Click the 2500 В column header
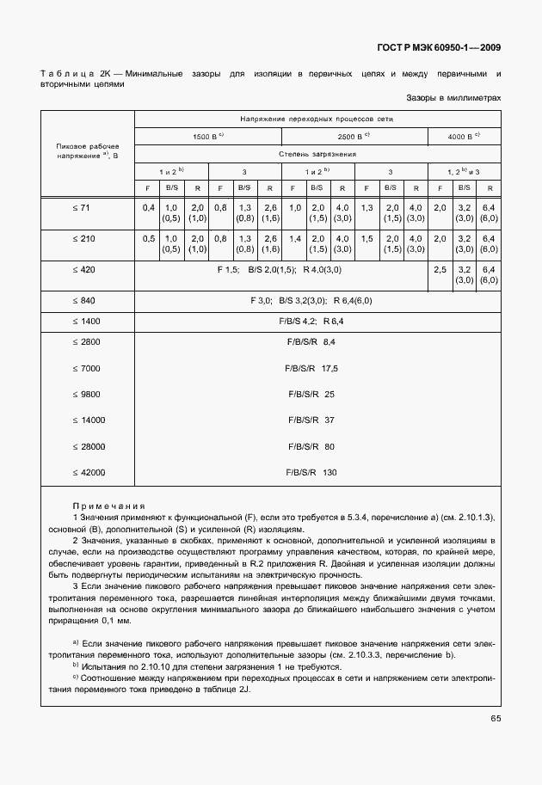point(354,136)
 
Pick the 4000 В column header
point(465,136)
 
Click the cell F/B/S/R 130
point(311,472)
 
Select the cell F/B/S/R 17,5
point(311,368)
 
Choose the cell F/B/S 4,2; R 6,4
point(311,321)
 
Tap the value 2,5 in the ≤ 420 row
point(440,269)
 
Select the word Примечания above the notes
point(109,506)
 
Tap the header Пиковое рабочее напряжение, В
point(87,152)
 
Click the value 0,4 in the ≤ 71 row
point(148,207)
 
